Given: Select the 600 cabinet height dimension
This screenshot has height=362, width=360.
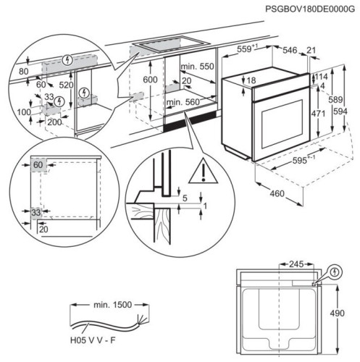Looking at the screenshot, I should point(149,80).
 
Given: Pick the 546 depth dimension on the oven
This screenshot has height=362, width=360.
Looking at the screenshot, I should point(290,51).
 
